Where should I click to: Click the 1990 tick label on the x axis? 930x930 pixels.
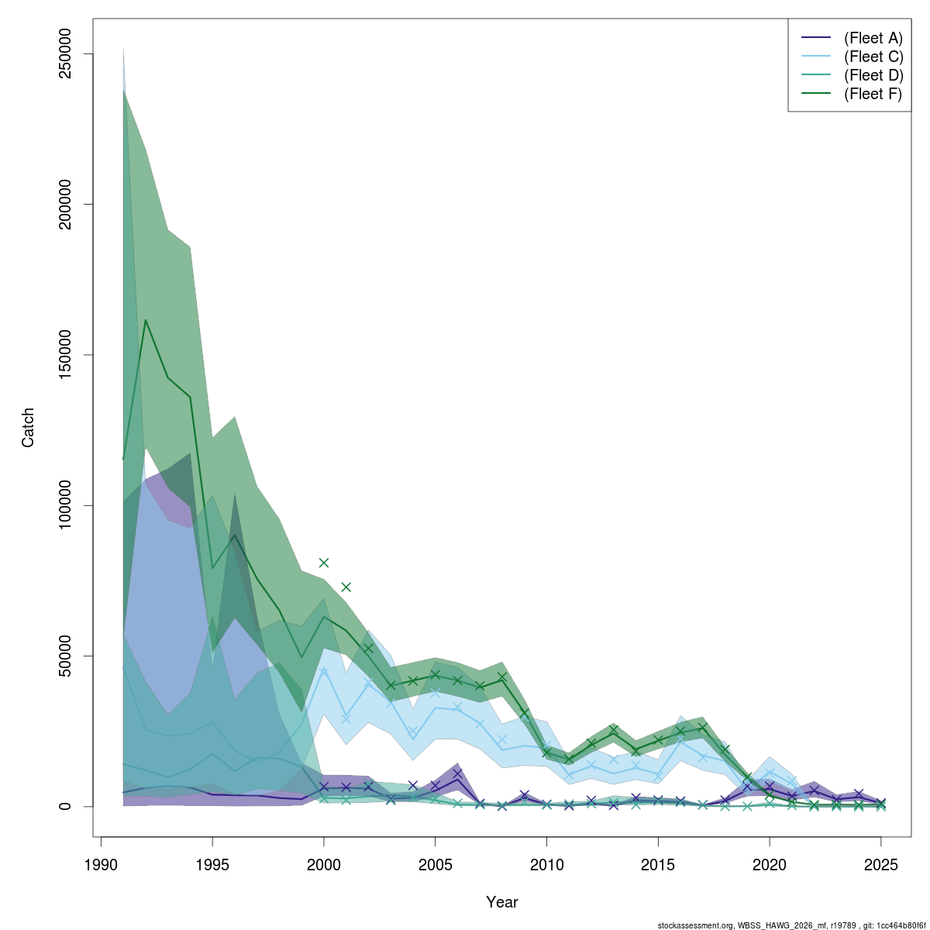102,865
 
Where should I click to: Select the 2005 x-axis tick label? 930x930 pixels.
436,865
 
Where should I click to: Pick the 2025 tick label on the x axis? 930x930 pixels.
881,865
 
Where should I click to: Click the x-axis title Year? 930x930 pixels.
502,902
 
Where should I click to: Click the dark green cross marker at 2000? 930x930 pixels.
324,563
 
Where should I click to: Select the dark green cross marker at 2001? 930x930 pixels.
346,587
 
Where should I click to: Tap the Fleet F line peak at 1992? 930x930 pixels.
146,320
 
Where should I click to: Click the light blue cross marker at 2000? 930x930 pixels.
324,671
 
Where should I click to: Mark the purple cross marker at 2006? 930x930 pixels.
457,773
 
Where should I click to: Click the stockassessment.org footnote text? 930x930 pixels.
791,925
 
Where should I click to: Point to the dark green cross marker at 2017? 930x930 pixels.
703,728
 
